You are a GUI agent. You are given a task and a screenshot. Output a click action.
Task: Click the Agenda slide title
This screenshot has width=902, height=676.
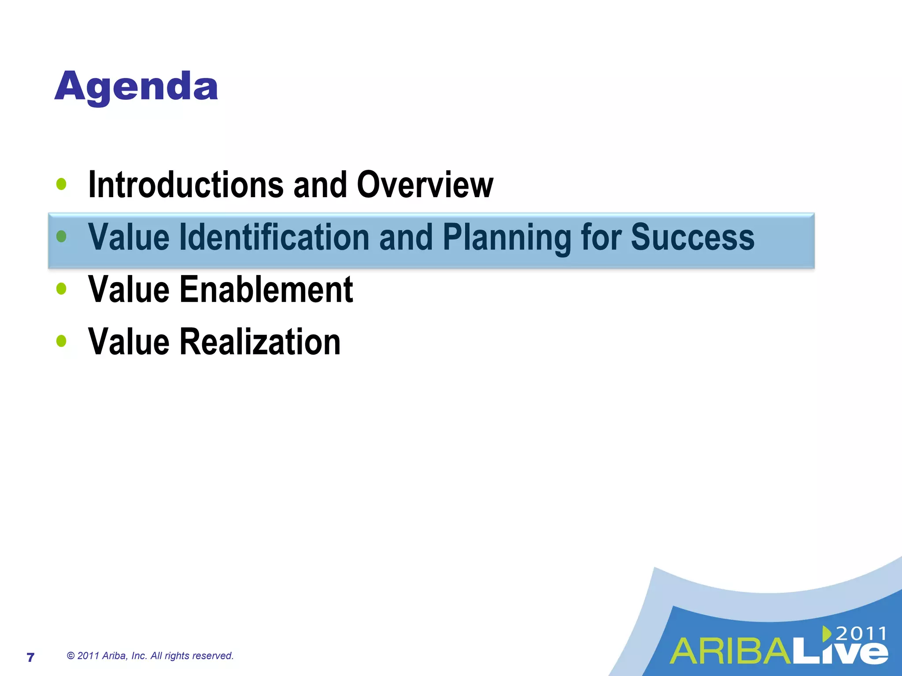(x=136, y=87)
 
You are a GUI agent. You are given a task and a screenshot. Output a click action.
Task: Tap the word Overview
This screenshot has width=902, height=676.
(x=425, y=185)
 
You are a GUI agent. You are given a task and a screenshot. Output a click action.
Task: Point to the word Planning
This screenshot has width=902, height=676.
(x=506, y=238)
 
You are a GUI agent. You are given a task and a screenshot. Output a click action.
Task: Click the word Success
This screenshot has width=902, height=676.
(x=692, y=238)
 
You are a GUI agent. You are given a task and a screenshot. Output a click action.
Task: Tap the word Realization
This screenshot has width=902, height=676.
(x=260, y=342)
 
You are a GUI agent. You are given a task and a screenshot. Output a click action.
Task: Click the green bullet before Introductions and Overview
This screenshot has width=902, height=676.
(x=62, y=184)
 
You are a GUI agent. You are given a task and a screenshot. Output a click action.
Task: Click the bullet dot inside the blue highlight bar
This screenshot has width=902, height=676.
(x=62, y=237)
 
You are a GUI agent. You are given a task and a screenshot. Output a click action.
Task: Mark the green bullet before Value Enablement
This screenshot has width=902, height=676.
(x=62, y=289)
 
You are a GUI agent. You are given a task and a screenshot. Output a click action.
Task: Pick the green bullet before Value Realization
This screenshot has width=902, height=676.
(x=62, y=341)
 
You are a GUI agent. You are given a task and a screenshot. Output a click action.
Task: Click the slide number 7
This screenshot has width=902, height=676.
(x=30, y=658)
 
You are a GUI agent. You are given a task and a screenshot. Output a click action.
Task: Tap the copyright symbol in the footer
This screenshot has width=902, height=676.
(x=70, y=656)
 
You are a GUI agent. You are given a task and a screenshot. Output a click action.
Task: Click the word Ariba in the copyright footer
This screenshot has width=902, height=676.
(x=114, y=656)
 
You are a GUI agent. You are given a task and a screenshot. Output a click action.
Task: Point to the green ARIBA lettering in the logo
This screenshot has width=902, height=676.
(x=731, y=652)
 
